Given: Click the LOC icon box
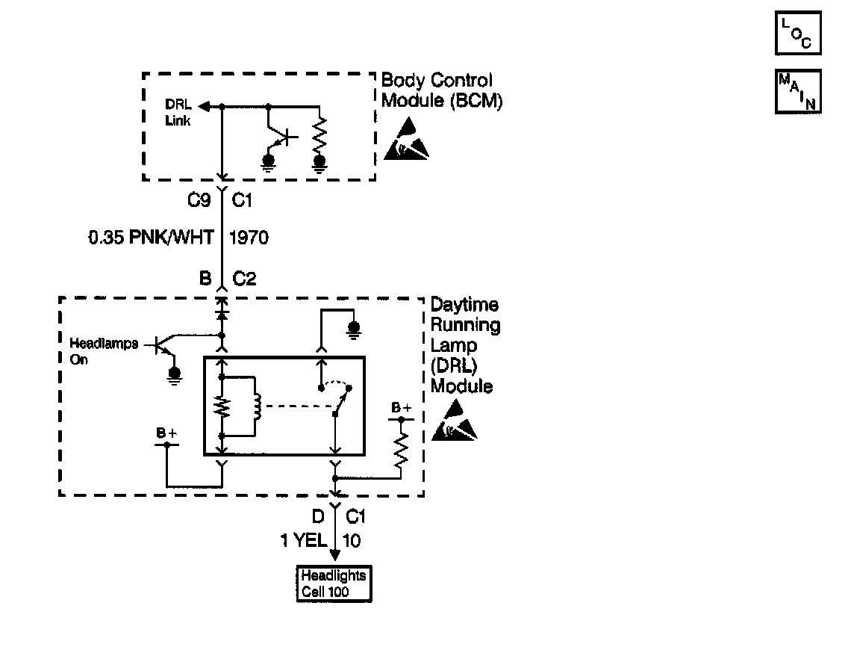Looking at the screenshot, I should point(798,33).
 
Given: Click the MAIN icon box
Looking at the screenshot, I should point(798,91).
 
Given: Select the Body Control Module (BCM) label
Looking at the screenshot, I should point(441,90).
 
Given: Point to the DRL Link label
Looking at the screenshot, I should point(178,114).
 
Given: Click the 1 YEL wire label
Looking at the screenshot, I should point(302,540).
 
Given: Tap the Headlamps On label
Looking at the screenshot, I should point(103,350).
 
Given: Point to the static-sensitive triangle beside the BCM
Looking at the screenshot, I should point(408,140).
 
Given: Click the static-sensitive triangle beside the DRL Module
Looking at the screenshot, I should point(454,421).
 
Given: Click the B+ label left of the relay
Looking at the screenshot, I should point(166,432).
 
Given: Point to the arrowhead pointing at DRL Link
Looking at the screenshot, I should point(206,107).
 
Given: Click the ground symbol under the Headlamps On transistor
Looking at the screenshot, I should point(174,374).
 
